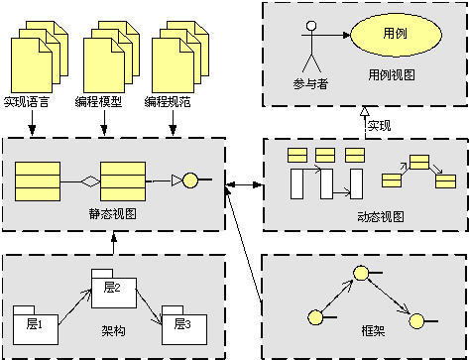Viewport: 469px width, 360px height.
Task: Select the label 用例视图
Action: point(392,74)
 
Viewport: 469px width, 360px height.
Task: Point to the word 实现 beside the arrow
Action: point(379,126)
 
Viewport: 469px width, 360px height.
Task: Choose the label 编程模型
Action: point(98,101)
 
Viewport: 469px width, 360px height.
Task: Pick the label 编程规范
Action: point(169,101)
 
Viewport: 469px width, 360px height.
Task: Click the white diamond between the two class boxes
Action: point(88,180)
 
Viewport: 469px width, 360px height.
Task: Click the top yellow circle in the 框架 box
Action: point(363,274)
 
